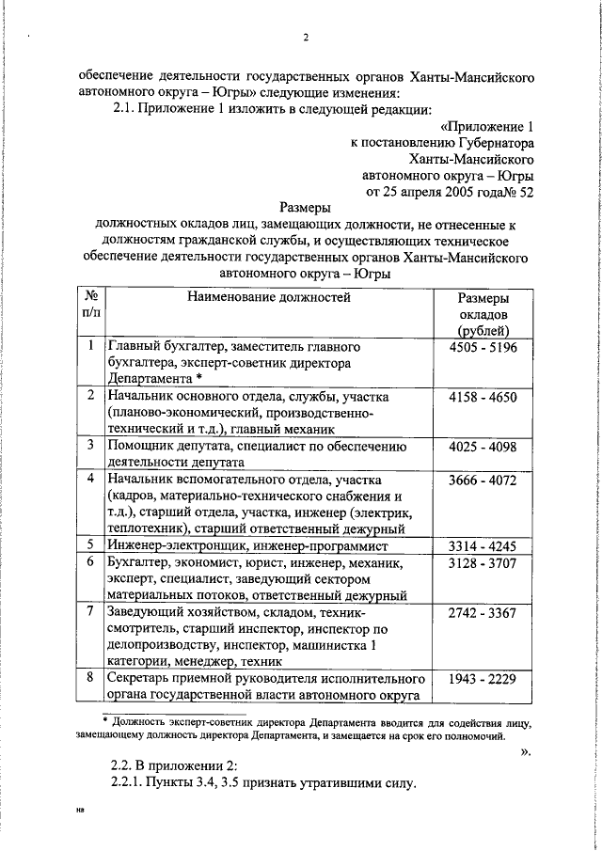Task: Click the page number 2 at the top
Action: (x=306, y=39)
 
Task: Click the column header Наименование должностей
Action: (x=268, y=298)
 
